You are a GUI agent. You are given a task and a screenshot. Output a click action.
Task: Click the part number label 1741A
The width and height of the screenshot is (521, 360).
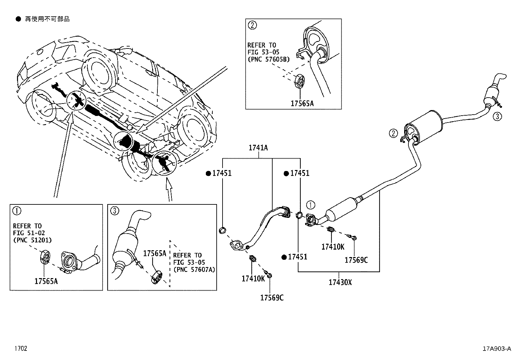tap(258, 148)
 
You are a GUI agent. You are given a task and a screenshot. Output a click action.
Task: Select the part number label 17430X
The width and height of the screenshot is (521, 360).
tap(340, 282)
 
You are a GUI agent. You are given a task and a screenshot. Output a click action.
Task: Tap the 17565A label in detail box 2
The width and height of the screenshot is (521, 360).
tap(302, 104)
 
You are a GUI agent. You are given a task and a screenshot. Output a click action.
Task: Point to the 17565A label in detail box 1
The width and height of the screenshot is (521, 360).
tap(46, 281)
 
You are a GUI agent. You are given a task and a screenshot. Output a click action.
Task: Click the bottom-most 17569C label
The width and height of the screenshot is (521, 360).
tap(272, 298)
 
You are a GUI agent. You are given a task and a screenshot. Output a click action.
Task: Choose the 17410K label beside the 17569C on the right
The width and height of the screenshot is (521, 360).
tap(332, 247)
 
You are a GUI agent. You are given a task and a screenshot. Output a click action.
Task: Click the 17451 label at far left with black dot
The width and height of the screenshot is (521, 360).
tap(222, 173)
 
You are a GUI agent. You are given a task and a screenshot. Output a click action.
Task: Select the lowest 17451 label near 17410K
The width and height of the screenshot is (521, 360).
tap(297, 257)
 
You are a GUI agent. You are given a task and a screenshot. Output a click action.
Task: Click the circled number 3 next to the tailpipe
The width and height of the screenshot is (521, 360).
tap(497, 116)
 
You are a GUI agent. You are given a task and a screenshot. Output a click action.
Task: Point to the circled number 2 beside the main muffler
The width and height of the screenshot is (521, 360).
tap(393, 133)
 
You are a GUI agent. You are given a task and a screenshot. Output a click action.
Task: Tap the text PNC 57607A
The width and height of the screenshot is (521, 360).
tap(194, 270)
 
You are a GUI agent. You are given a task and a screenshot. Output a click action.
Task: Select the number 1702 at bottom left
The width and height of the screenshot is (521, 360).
tap(20, 349)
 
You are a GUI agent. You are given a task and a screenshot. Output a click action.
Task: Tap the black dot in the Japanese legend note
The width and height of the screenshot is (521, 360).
tap(18, 19)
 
